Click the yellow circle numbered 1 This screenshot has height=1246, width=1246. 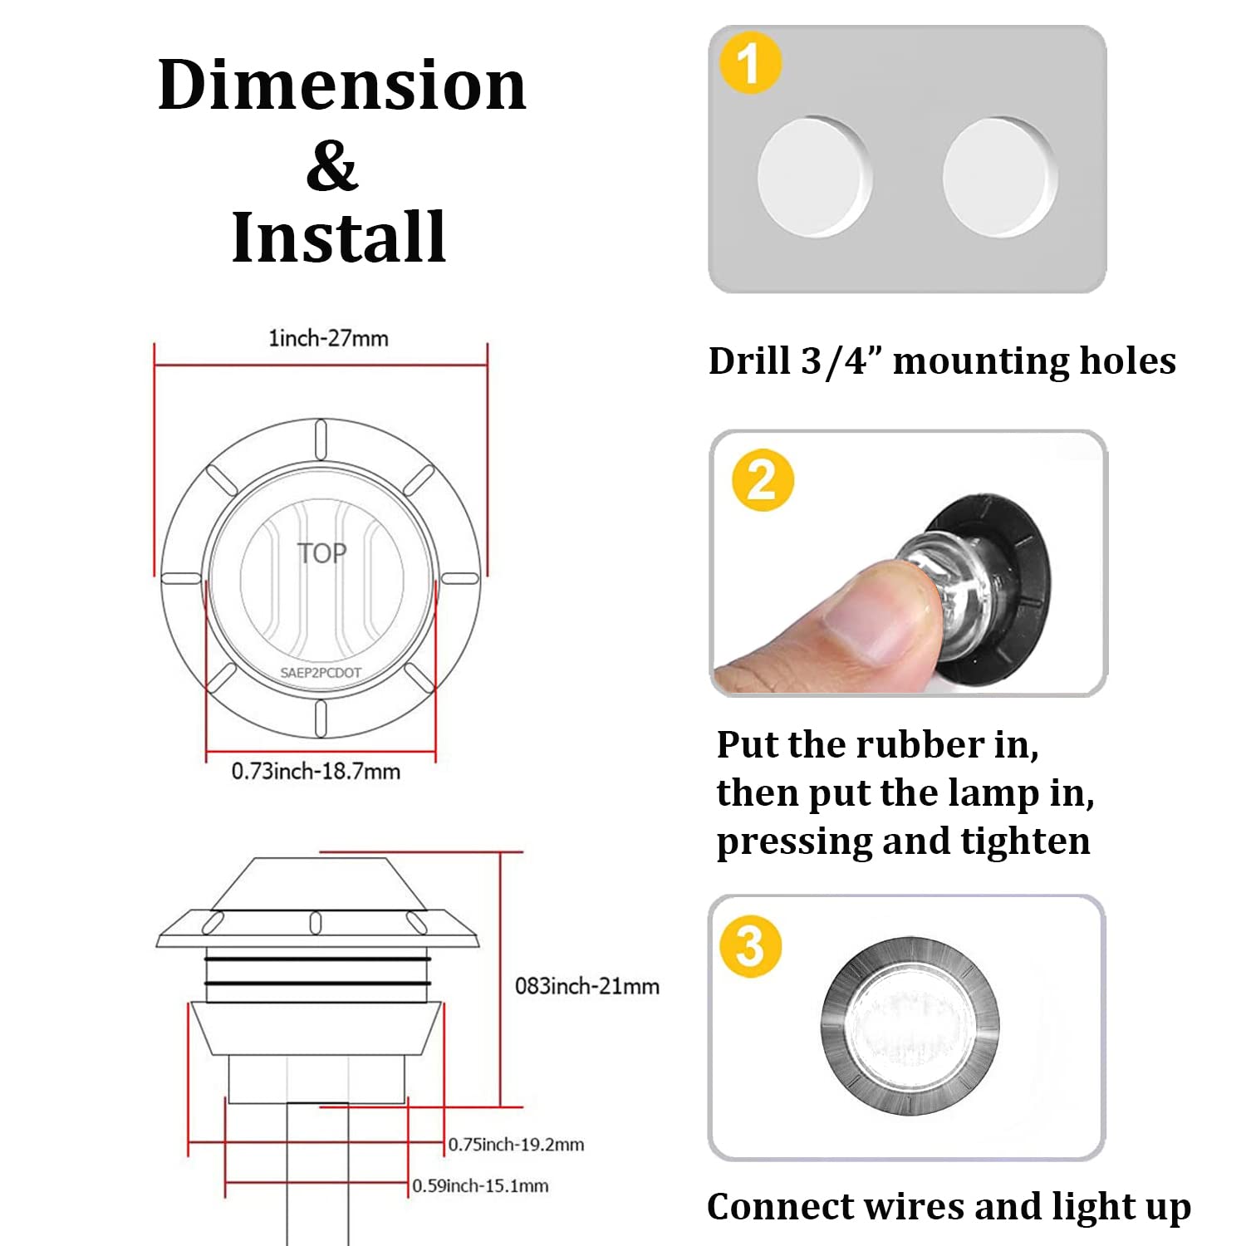(750, 63)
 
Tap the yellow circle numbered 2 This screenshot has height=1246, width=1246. (763, 480)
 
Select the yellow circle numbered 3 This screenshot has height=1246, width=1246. (750, 946)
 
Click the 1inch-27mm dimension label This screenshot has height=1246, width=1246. (328, 338)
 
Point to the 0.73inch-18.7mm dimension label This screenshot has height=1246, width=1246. (316, 771)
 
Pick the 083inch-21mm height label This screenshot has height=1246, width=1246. (587, 986)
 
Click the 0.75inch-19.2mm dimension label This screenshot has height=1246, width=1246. (516, 1145)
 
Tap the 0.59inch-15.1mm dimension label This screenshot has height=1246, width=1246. (480, 1186)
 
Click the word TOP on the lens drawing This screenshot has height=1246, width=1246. (322, 553)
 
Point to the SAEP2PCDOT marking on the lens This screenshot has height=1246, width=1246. (321, 673)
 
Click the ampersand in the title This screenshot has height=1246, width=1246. (331, 165)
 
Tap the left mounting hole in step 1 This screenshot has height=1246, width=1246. (814, 177)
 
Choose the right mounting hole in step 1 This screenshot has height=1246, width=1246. (1000, 177)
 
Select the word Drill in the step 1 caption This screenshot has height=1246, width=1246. (749, 361)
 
